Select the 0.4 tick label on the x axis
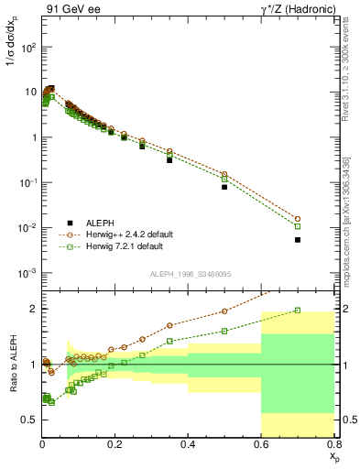[x=189, y=446]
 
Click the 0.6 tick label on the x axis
[x=261, y=446]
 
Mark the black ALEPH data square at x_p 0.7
[x=298, y=240]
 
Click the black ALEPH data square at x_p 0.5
[x=224, y=187]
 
